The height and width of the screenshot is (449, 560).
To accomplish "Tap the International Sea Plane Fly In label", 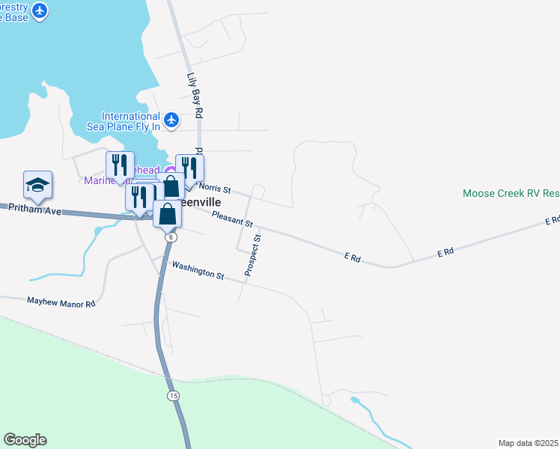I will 131,122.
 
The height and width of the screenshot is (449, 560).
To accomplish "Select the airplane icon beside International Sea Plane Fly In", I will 171,120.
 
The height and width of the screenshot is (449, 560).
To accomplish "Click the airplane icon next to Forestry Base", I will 40,11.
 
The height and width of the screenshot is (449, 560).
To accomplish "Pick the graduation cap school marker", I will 37,184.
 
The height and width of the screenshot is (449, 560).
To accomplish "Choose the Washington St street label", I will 198,270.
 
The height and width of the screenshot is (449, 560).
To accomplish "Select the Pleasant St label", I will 232,219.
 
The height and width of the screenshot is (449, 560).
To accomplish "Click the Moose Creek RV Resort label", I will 511,193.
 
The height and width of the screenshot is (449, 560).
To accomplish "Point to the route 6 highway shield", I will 171,236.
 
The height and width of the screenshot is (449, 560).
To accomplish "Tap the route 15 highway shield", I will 174,394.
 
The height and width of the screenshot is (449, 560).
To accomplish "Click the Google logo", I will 25,440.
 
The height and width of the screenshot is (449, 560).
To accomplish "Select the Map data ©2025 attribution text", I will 529,443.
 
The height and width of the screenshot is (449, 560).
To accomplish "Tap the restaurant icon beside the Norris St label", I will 189,168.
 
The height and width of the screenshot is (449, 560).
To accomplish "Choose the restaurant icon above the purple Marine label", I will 120,165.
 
